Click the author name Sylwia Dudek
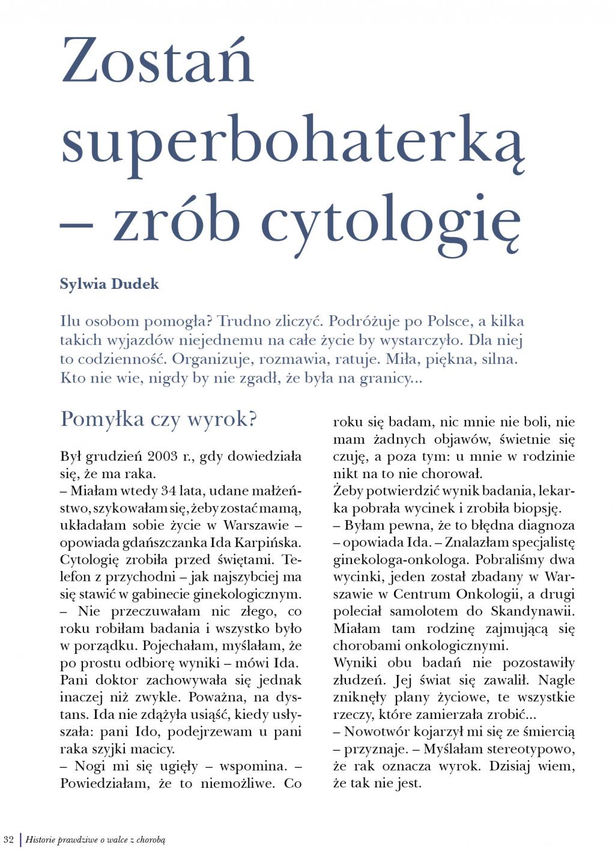point(109,284)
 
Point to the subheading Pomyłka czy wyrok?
point(159,419)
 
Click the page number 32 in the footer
point(8,839)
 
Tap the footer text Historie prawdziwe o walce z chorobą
point(95,840)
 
